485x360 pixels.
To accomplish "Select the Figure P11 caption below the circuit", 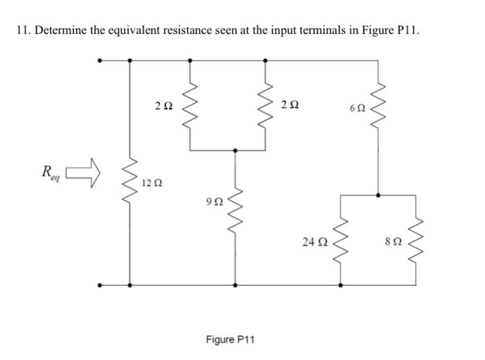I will (231, 340).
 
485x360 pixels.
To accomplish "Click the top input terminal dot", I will (101, 60).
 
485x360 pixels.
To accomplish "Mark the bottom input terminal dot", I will (101, 285).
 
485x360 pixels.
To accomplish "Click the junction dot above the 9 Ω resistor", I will (235, 150).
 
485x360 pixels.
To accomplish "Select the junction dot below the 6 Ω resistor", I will (377, 195).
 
